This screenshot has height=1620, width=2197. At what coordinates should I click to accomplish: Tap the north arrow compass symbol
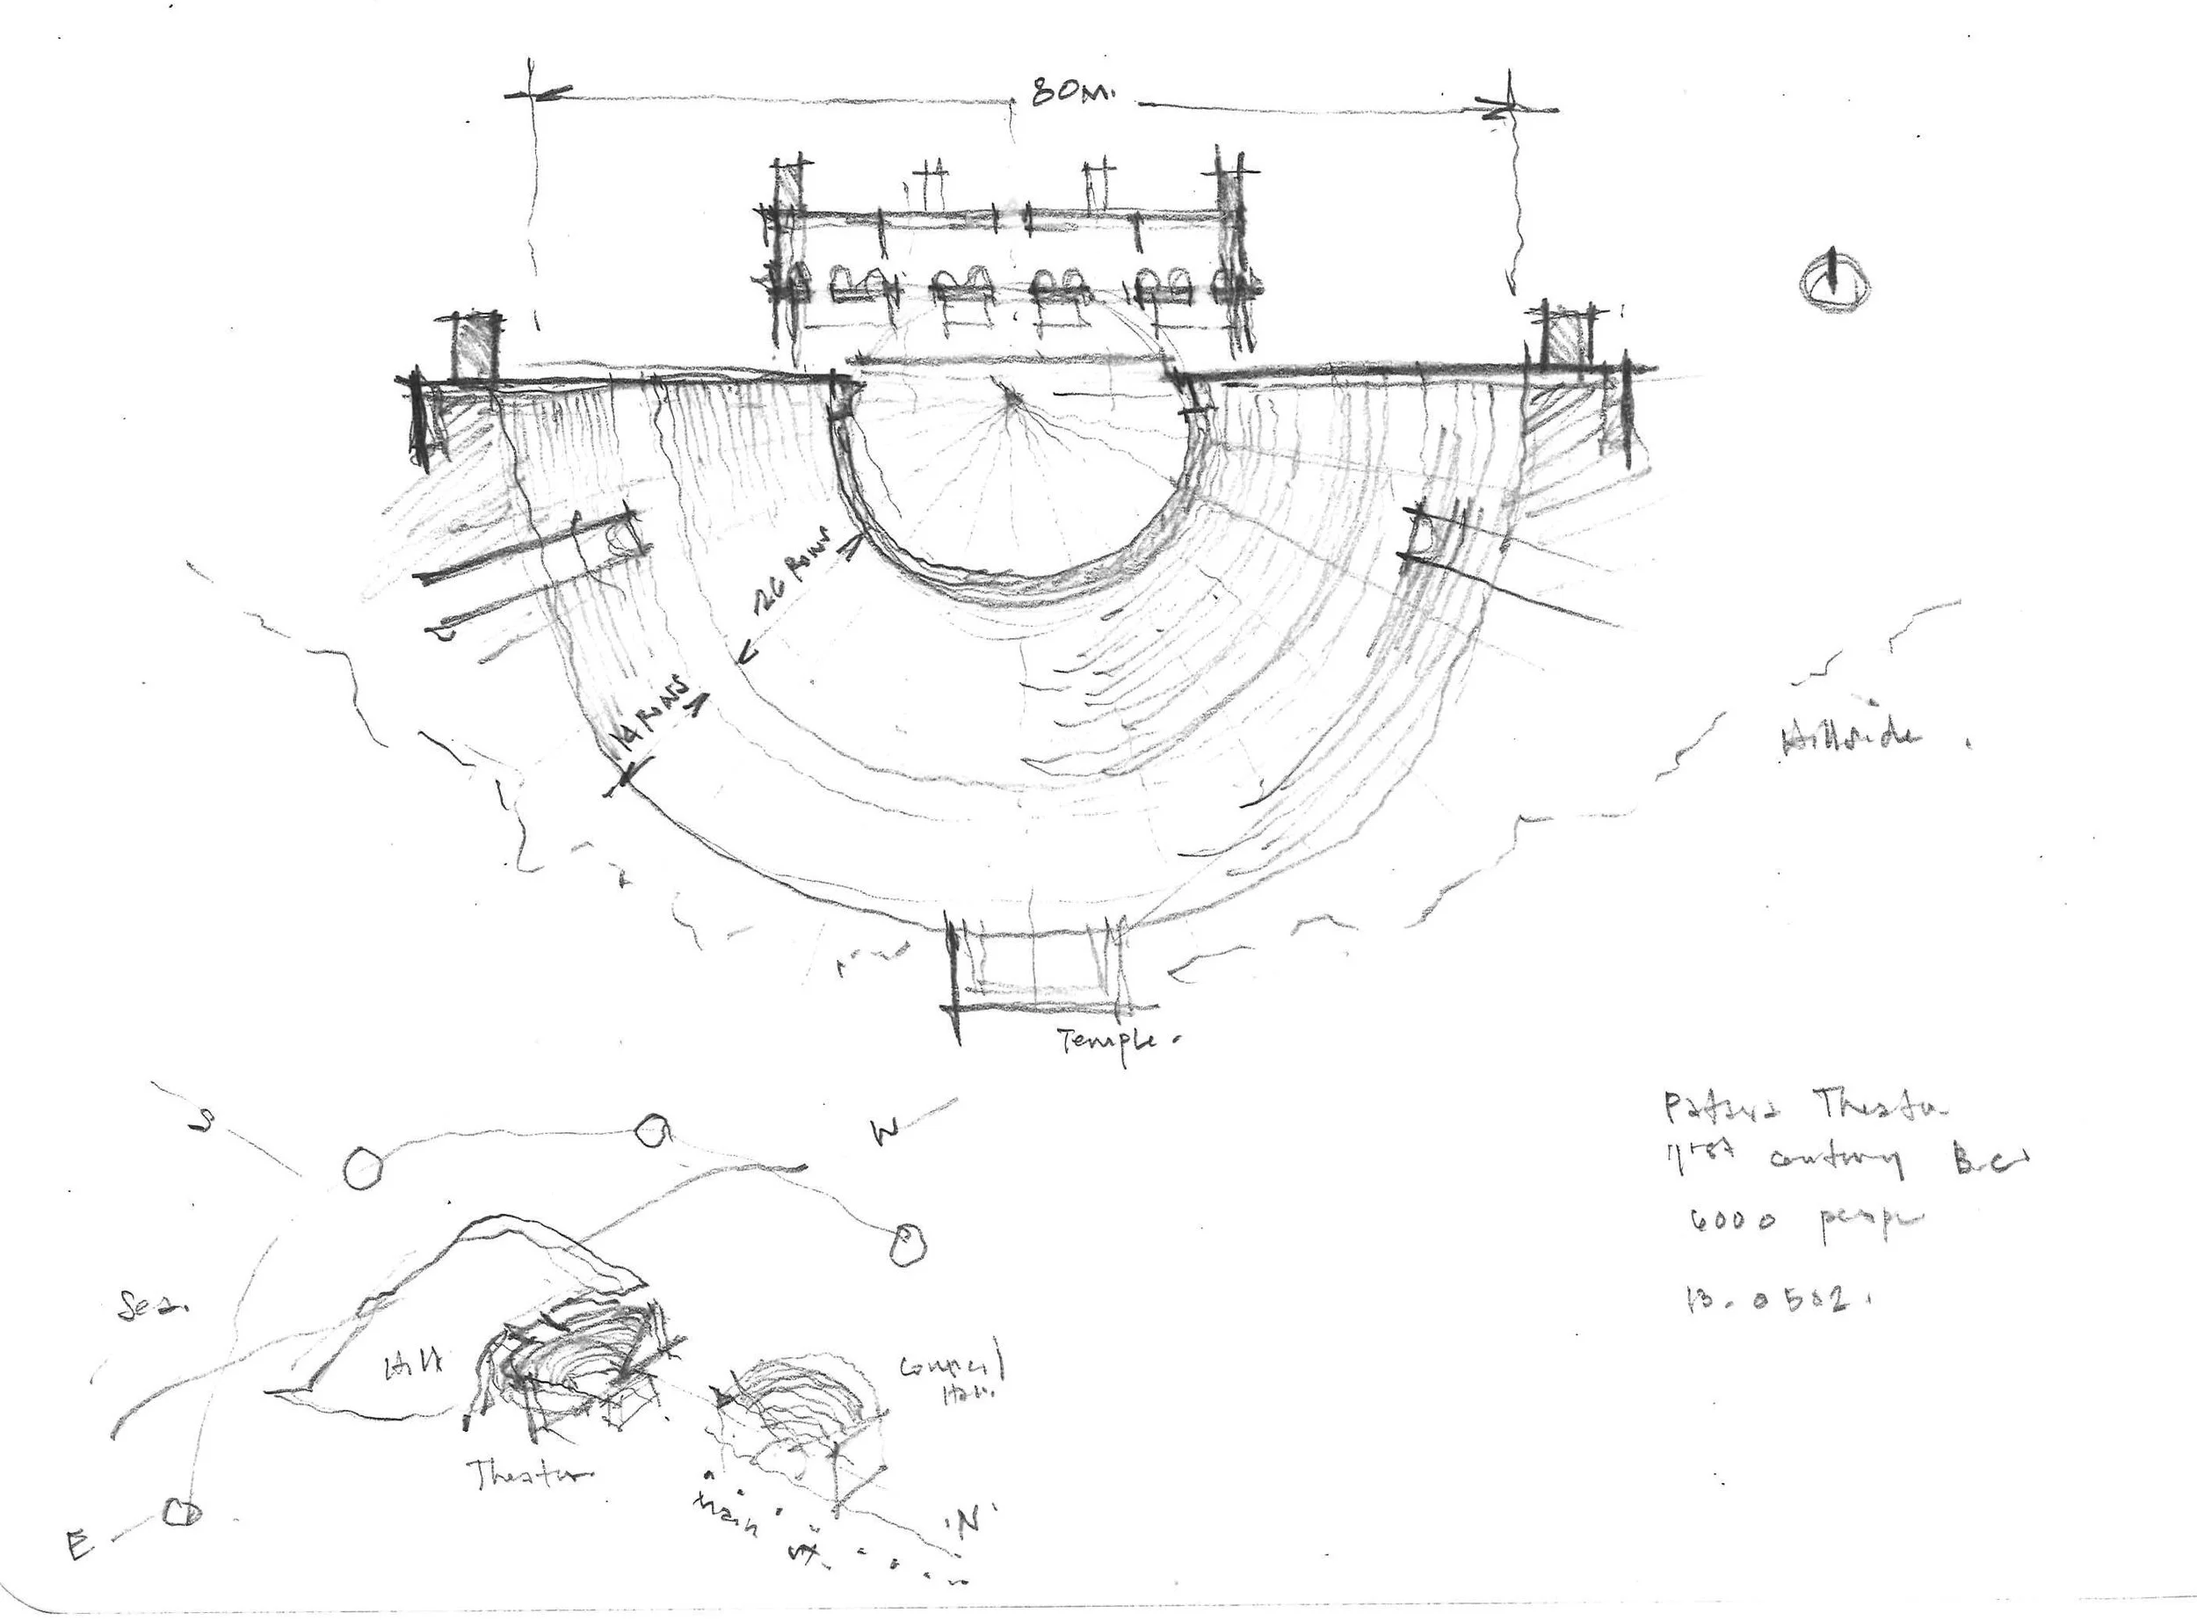(x=1834, y=283)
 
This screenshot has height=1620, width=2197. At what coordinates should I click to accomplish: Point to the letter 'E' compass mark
(x=78, y=1546)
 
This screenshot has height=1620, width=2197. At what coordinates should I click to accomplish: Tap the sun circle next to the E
(x=181, y=1511)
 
